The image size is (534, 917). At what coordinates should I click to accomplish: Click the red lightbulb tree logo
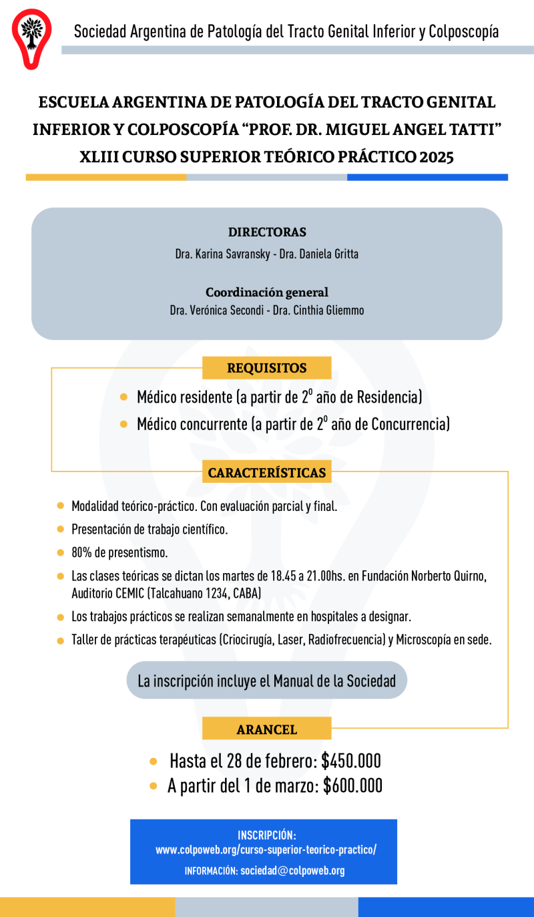(31, 38)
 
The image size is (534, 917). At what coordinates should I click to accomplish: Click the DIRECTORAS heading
(267, 232)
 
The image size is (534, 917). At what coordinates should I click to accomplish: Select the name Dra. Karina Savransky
(220, 254)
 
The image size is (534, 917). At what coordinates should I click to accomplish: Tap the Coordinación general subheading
(267, 292)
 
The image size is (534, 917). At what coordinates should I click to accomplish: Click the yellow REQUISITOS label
(267, 368)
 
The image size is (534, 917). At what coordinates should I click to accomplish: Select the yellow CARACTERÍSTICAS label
(267, 473)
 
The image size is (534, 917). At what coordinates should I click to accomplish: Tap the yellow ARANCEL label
(267, 729)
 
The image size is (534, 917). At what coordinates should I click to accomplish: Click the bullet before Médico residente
(123, 397)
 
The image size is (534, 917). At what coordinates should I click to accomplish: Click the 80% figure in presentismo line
(82, 552)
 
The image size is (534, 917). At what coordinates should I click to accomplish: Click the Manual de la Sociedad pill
(267, 681)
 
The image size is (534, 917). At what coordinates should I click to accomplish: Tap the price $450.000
(350, 761)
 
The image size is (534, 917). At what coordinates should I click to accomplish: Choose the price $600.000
(352, 786)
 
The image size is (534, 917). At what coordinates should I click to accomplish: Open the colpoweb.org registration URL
(266, 850)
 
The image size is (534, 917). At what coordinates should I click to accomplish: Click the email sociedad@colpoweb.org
(292, 870)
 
